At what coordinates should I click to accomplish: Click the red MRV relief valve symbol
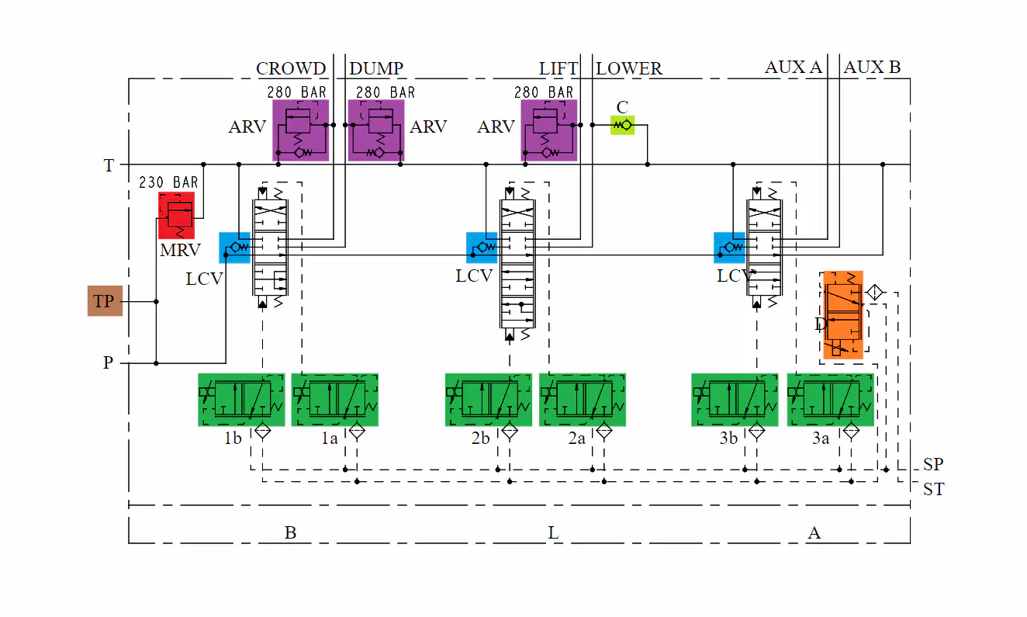pyautogui.click(x=177, y=215)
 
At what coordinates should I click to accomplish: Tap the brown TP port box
pyautogui.click(x=105, y=301)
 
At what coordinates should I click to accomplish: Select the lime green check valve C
pyautogui.click(x=622, y=125)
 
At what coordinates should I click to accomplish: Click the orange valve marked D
pyautogui.click(x=843, y=314)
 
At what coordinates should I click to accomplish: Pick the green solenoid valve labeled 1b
pyautogui.click(x=241, y=400)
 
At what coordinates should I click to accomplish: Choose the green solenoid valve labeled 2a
pyautogui.click(x=583, y=400)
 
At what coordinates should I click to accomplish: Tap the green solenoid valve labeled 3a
pyautogui.click(x=830, y=400)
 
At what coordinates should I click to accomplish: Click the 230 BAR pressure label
pyautogui.click(x=169, y=182)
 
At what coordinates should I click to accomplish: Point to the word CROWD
pyautogui.click(x=291, y=68)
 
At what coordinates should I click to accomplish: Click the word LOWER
pyautogui.click(x=629, y=68)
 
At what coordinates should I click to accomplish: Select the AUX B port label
pyautogui.click(x=872, y=67)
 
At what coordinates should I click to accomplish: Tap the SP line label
pyautogui.click(x=933, y=464)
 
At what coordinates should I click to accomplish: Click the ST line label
pyautogui.click(x=933, y=489)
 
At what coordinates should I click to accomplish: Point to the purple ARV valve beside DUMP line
pyautogui.click(x=376, y=130)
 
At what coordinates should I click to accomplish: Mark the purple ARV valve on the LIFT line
pyautogui.click(x=549, y=130)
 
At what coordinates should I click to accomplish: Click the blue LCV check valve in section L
pyautogui.click(x=482, y=248)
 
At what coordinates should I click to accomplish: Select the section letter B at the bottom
pyautogui.click(x=290, y=532)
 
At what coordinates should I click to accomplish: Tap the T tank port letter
pyautogui.click(x=109, y=165)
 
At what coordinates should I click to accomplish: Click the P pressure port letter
pyautogui.click(x=108, y=362)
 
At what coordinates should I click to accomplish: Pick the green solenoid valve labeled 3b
pyautogui.click(x=735, y=400)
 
